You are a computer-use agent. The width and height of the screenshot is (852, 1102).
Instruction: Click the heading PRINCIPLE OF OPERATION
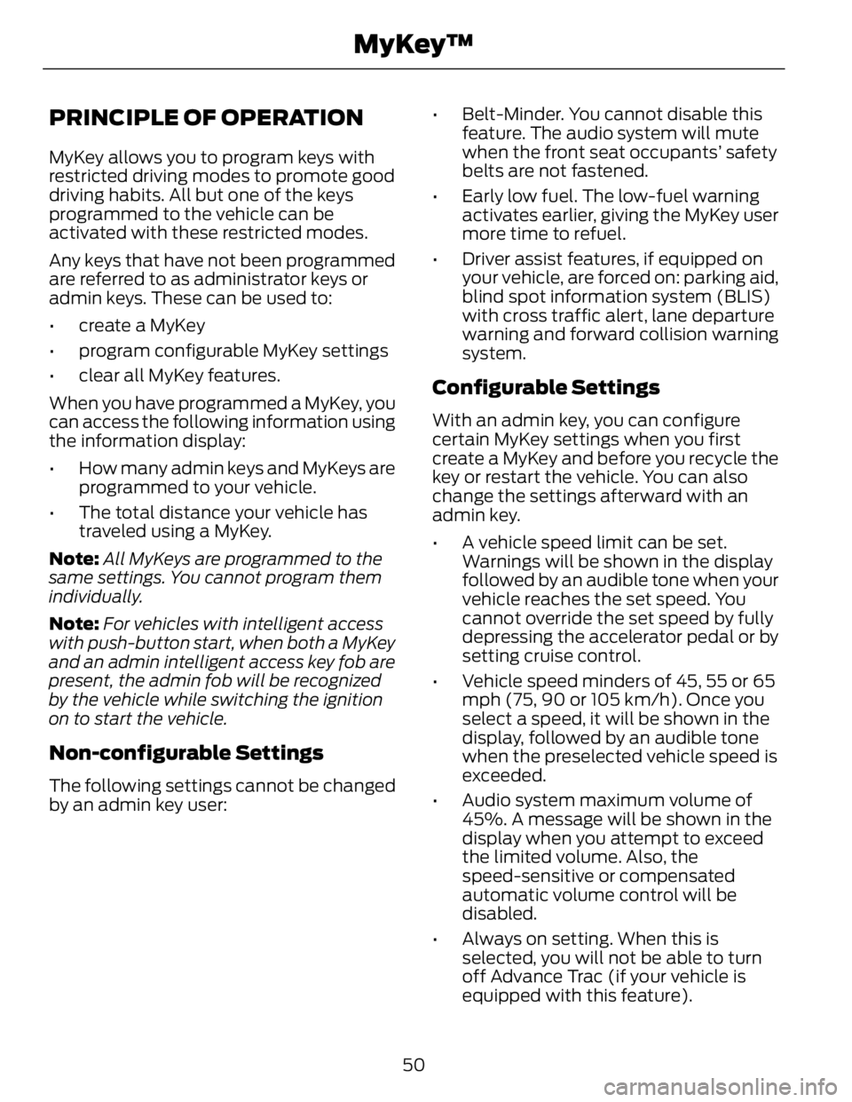tap(207, 117)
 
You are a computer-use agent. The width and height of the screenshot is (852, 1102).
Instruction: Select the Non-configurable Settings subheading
tap(186, 753)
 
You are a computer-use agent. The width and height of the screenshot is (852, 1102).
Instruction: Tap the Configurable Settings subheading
tap(545, 387)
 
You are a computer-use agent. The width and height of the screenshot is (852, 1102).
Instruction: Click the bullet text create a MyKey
tap(142, 325)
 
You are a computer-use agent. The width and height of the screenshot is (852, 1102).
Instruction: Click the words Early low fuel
tap(509, 195)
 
